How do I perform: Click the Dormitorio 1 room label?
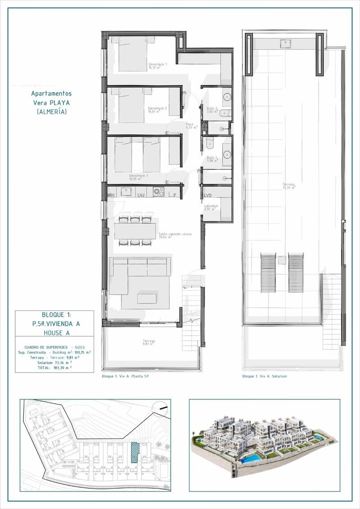point(158,66)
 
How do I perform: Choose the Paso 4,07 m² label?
point(192,126)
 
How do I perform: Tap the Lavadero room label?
point(211,207)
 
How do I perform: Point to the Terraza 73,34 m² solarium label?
point(288,186)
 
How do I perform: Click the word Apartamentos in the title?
point(51,94)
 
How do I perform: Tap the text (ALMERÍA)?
point(51,112)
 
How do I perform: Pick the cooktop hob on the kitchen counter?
point(158,191)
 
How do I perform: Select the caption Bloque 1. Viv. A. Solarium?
point(264,376)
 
